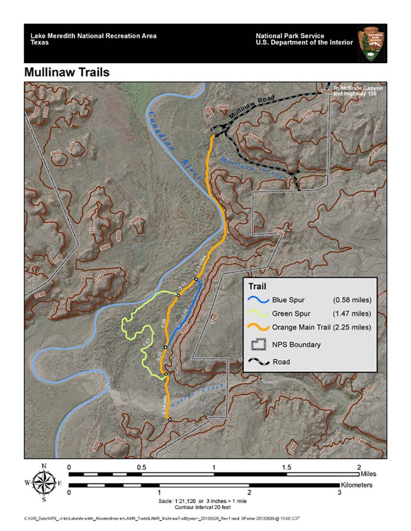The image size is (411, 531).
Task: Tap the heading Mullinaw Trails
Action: (67, 72)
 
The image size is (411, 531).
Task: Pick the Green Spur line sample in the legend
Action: (260, 314)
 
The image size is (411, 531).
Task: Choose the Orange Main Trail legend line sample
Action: (260, 328)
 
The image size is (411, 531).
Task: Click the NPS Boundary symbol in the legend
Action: (260, 344)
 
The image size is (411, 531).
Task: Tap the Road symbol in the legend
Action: (260, 362)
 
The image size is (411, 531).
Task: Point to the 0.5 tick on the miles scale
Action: (141, 468)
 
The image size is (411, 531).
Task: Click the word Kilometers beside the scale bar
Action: (357, 485)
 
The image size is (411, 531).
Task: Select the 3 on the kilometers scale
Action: (340, 493)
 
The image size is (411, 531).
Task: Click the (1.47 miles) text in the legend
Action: (352, 314)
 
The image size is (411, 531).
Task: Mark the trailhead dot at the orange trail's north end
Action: (216, 135)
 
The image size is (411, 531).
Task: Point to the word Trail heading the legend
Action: (257, 286)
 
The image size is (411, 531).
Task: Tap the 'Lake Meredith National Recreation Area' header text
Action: (93, 36)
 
